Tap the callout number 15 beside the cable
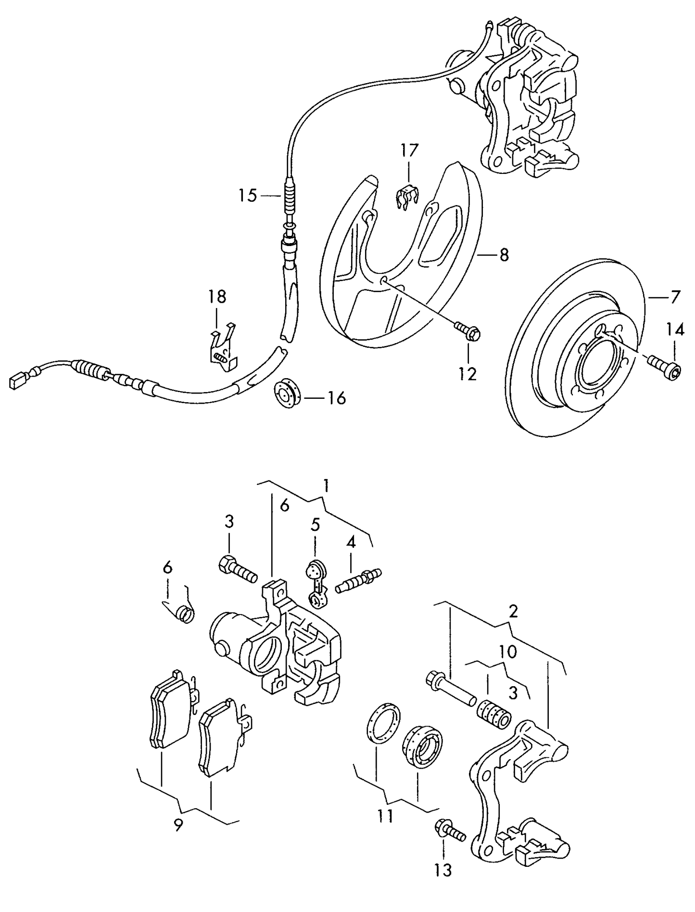tap(248, 196)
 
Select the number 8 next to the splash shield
tap(504, 255)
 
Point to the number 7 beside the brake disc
tap(675, 297)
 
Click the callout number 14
tap(674, 330)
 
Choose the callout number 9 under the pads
tap(178, 826)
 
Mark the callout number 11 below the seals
tap(385, 815)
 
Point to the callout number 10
tap(508, 652)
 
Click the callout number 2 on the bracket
tap(513, 612)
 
